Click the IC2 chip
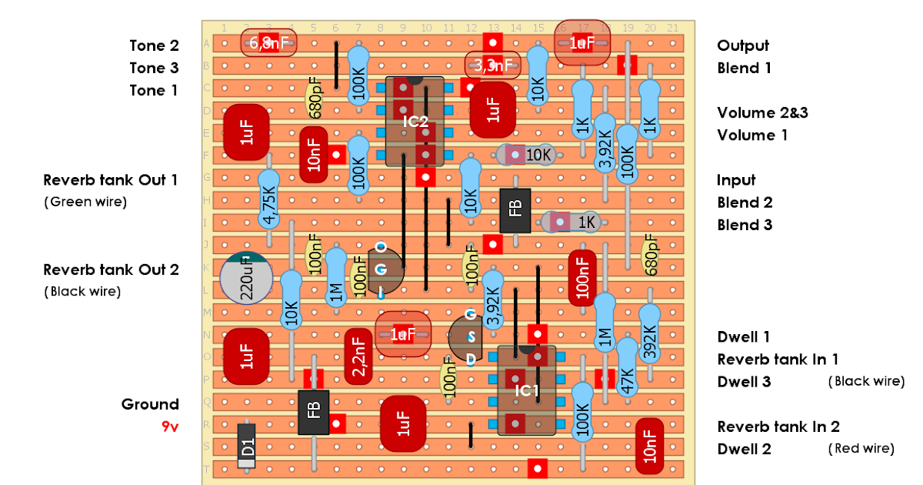pyautogui.click(x=415, y=122)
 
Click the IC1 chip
pyautogui.click(x=527, y=390)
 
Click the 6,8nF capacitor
pyautogui.click(x=268, y=44)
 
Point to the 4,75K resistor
pyautogui.click(x=268, y=200)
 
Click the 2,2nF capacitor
pyautogui.click(x=358, y=356)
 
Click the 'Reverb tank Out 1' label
pyautogui.click(x=111, y=180)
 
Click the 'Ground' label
pyautogui.click(x=150, y=404)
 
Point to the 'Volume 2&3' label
pyautogui.click(x=762, y=112)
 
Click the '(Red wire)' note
pyautogui.click(x=860, y=448)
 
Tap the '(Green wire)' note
pyautogui.click(x=85, y=202)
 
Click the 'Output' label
pyautogui.click(x=742, y=45)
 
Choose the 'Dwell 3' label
pyautogui.click(x=744, y=382)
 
